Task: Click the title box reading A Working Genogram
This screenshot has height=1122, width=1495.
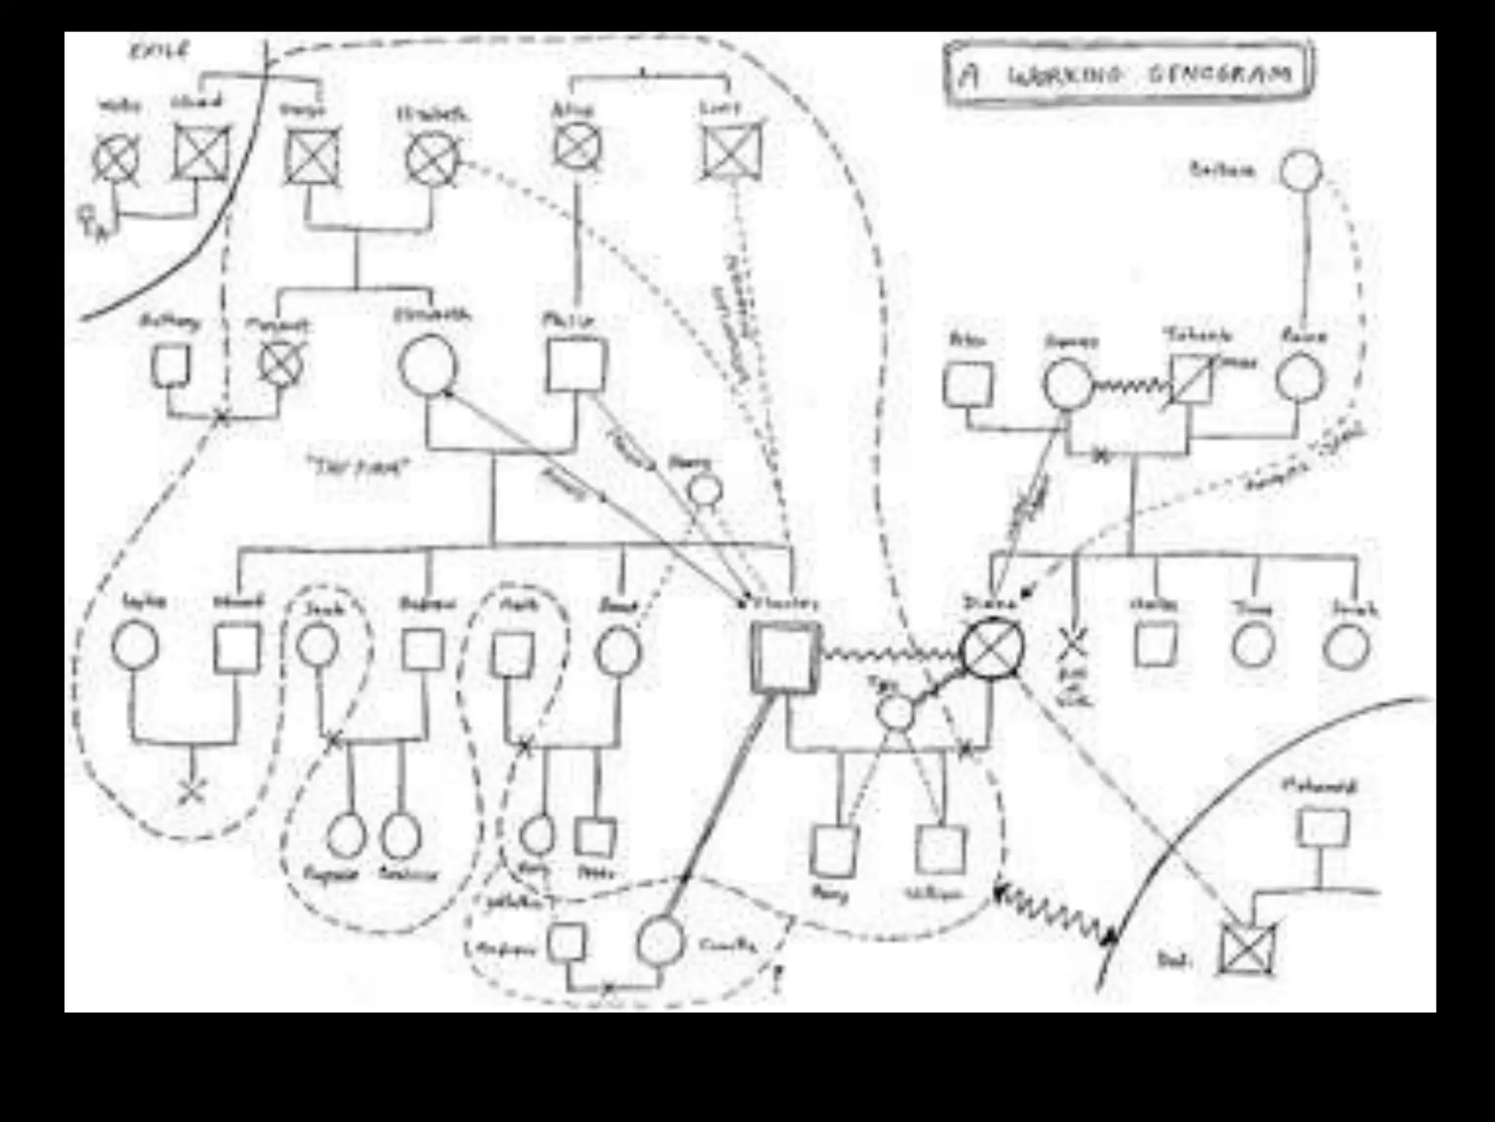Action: (1129, 74)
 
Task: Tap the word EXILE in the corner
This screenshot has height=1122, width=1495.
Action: (159, 51)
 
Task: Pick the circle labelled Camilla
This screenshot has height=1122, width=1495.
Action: (661, 942)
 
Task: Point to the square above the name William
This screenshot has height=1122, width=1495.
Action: (940, 850)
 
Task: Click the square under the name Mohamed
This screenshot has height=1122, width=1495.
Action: (1323, 828)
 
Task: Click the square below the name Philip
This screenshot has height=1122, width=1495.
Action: (576, 365)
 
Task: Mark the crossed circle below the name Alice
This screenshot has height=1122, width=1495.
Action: (577, 146)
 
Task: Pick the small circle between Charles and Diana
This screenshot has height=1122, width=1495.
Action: (896, 712)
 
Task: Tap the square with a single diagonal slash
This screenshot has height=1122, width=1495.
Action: (1191, 379)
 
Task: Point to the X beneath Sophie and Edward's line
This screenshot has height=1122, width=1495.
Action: (192, 789)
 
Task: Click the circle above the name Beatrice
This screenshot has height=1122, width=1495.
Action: (401, 836)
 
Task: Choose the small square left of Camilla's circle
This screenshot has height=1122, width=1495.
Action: (567, 942)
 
